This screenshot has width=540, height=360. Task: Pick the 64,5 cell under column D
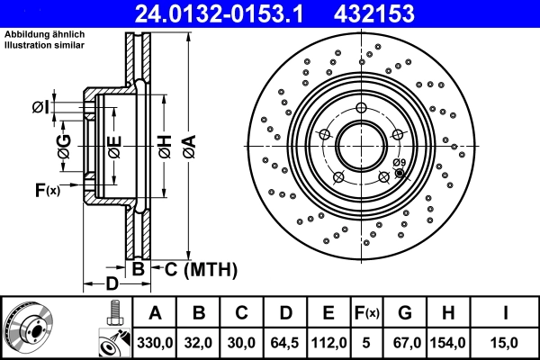point(284,343)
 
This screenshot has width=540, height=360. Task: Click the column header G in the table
point(404,314)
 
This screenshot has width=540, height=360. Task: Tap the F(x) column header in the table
point(366,314)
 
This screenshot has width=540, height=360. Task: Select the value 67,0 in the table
point(404,343)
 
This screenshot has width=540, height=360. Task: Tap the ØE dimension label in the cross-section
point(114,149)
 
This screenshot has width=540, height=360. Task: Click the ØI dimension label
point(40,108)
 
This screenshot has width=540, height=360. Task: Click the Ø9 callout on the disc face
point(400,162)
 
